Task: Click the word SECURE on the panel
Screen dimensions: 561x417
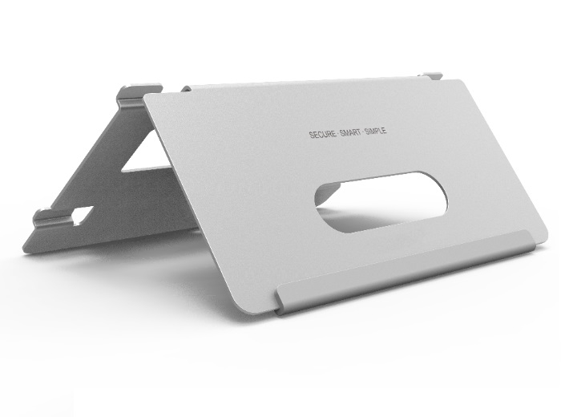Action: coord(322,134)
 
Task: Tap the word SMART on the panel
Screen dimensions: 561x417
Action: coord(350,132)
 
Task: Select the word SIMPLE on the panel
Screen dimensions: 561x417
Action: coord(375,131)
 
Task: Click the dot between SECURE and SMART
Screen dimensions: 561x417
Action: coord(338,133)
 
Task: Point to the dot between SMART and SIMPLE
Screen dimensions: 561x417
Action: coord(363,132)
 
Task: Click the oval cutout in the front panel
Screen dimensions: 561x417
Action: coord(381,202)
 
